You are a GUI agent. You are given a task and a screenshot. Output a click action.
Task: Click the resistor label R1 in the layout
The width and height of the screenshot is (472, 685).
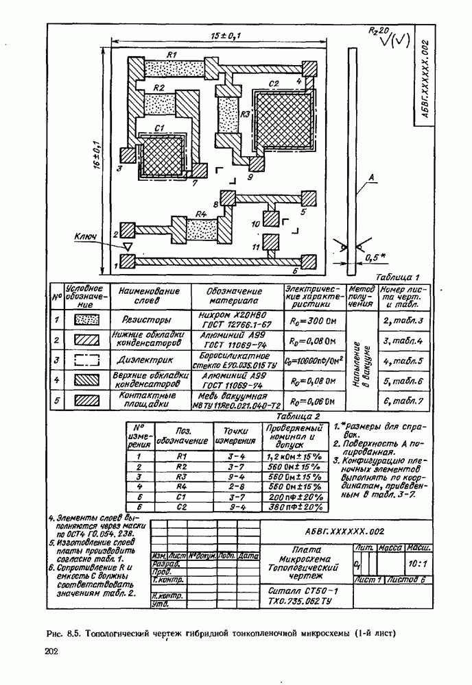(172, 54)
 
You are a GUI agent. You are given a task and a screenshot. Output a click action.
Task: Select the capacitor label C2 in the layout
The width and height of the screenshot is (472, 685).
(274, 84)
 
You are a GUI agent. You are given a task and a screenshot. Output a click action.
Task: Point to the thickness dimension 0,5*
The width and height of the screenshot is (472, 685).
(375, 258)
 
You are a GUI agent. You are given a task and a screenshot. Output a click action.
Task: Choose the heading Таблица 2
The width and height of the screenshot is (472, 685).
(298, 416)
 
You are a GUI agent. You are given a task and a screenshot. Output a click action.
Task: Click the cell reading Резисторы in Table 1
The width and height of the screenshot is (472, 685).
(146, 319)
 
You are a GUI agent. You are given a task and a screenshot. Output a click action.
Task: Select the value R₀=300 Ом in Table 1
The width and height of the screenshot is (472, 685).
(311, 320)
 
